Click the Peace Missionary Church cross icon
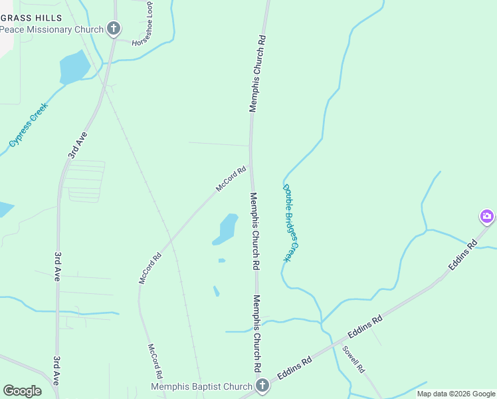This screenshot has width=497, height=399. click(x=114, y=29)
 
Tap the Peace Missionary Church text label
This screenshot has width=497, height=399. click(x=52, y=29)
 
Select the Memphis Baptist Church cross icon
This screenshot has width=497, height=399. click(x=262, y=386)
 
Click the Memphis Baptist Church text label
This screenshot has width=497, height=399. click(x=201, y=386)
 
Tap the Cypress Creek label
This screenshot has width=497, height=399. click(x=29, y=125)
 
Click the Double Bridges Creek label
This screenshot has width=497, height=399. click(x=292, y=222)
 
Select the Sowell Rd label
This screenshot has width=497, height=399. click(x=353, y=359)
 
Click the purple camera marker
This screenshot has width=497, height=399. click(x=487, y=216)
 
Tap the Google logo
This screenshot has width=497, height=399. click(x=22, y=391)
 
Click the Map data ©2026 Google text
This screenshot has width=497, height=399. click(x=456, y=394)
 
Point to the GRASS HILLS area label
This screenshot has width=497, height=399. click(x=32, y=17)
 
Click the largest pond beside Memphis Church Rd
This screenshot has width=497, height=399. click(x=227, y=229)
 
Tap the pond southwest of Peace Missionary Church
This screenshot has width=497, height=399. click(x=74, y=67)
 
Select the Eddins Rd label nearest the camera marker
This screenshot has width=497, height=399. click(x=462, y=255)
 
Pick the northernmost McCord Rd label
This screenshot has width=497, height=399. click(x=231, y=179)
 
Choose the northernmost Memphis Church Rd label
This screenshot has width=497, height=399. click(x=258, y=73)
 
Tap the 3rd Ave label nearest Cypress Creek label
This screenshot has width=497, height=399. click(x=78, y=144)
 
